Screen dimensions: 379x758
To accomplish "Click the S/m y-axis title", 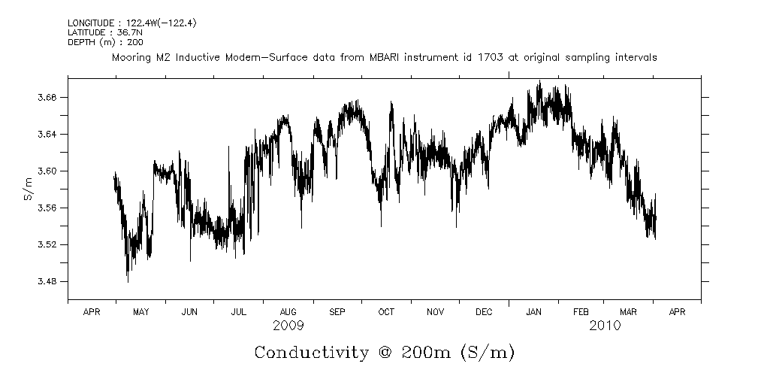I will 29,189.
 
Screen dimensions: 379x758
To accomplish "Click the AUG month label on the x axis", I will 288,311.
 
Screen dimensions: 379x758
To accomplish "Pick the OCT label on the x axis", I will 386,311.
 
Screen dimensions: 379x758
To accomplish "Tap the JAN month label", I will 533,311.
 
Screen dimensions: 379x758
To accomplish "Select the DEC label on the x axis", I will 484,311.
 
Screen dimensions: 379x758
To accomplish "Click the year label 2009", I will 288,326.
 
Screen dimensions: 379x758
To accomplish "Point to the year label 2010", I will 605,326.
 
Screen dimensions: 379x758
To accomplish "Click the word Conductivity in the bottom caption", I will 312,353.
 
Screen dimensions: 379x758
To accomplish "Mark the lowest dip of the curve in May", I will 128,281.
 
